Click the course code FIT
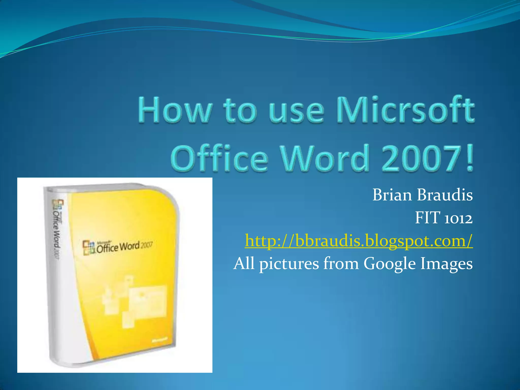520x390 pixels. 428,218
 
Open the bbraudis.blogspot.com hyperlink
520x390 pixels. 359,241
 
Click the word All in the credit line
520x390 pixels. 244,263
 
